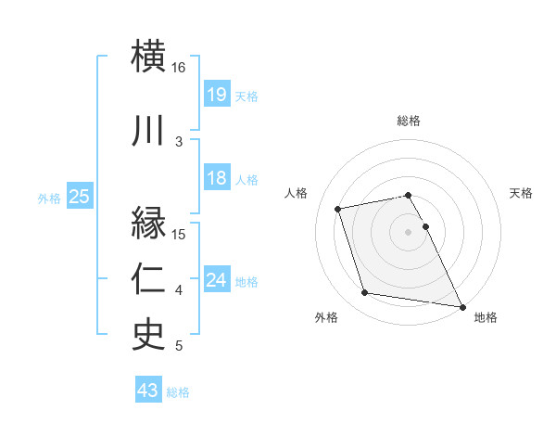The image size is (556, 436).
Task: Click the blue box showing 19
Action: (216, 95)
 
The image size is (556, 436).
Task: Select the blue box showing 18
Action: (216, 178)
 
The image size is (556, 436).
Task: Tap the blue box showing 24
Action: (216, 280)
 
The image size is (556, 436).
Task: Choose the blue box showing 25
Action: (79, 197)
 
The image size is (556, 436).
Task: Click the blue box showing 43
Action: (147, 391)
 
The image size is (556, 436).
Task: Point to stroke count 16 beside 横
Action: (178, 68)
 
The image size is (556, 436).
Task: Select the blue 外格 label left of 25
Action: (49, 198)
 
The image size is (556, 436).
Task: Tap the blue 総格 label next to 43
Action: (178, 392)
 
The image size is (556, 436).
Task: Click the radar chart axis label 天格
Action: (522, 193)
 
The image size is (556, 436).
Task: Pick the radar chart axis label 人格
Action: (297, 193)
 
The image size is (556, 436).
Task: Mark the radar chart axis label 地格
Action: (486, 317)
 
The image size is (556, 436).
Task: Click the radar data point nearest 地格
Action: (461, 306)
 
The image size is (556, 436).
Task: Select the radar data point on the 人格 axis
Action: (338, 208)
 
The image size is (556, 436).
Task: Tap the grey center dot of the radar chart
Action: (408, 231)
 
